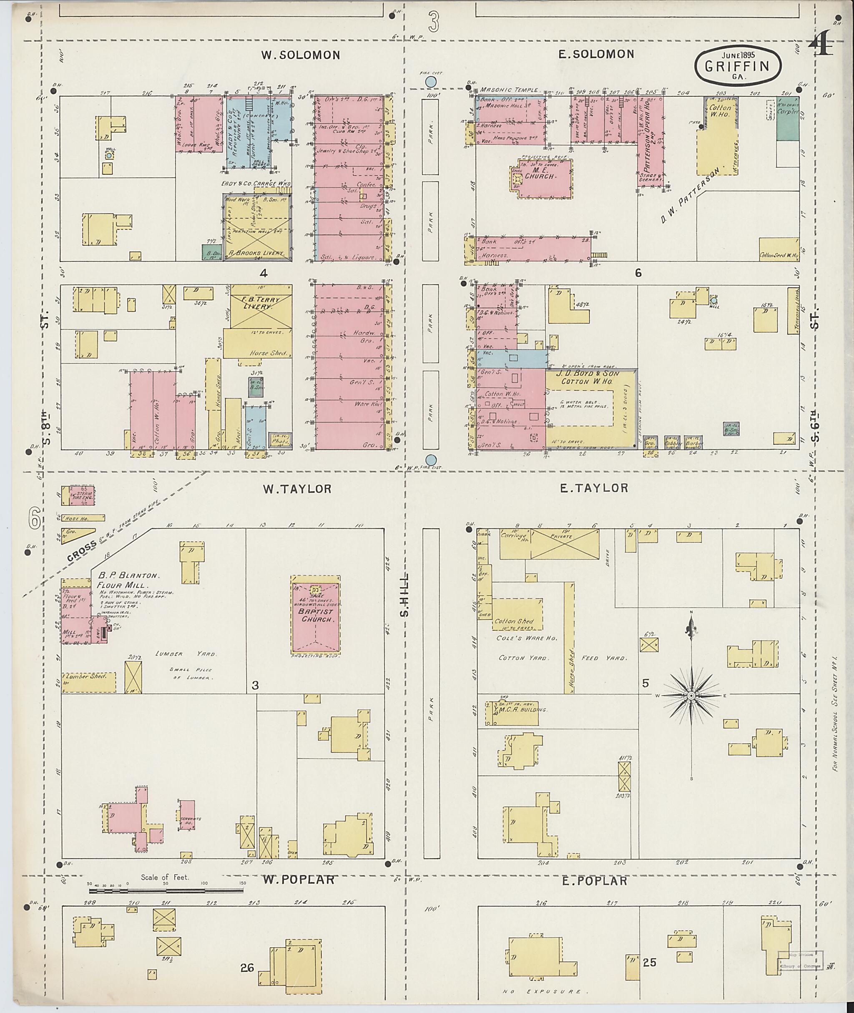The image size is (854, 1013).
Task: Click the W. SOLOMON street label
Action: click(x=300, y=55)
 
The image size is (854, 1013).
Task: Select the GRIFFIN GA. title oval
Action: click(x=737, y=67)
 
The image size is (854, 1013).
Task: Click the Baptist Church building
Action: click(x=316, y=614)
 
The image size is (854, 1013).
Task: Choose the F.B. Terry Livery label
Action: click(x=261, y=303)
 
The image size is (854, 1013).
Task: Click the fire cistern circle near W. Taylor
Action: click(x=430, y=460)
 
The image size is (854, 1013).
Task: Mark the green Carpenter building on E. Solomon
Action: click(x=787, y=124)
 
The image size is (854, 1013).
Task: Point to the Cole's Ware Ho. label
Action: click(x=526, y=638)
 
